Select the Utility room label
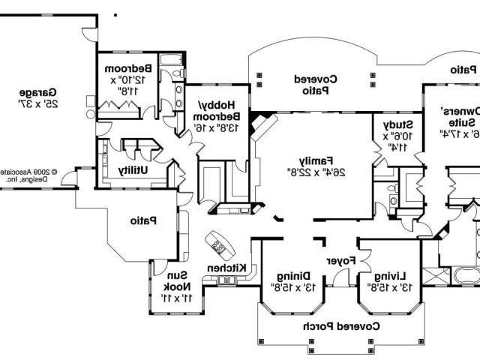click(x=133, y=170)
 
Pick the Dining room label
click(x=289, y=275)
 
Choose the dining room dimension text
click(x=289, y=287)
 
